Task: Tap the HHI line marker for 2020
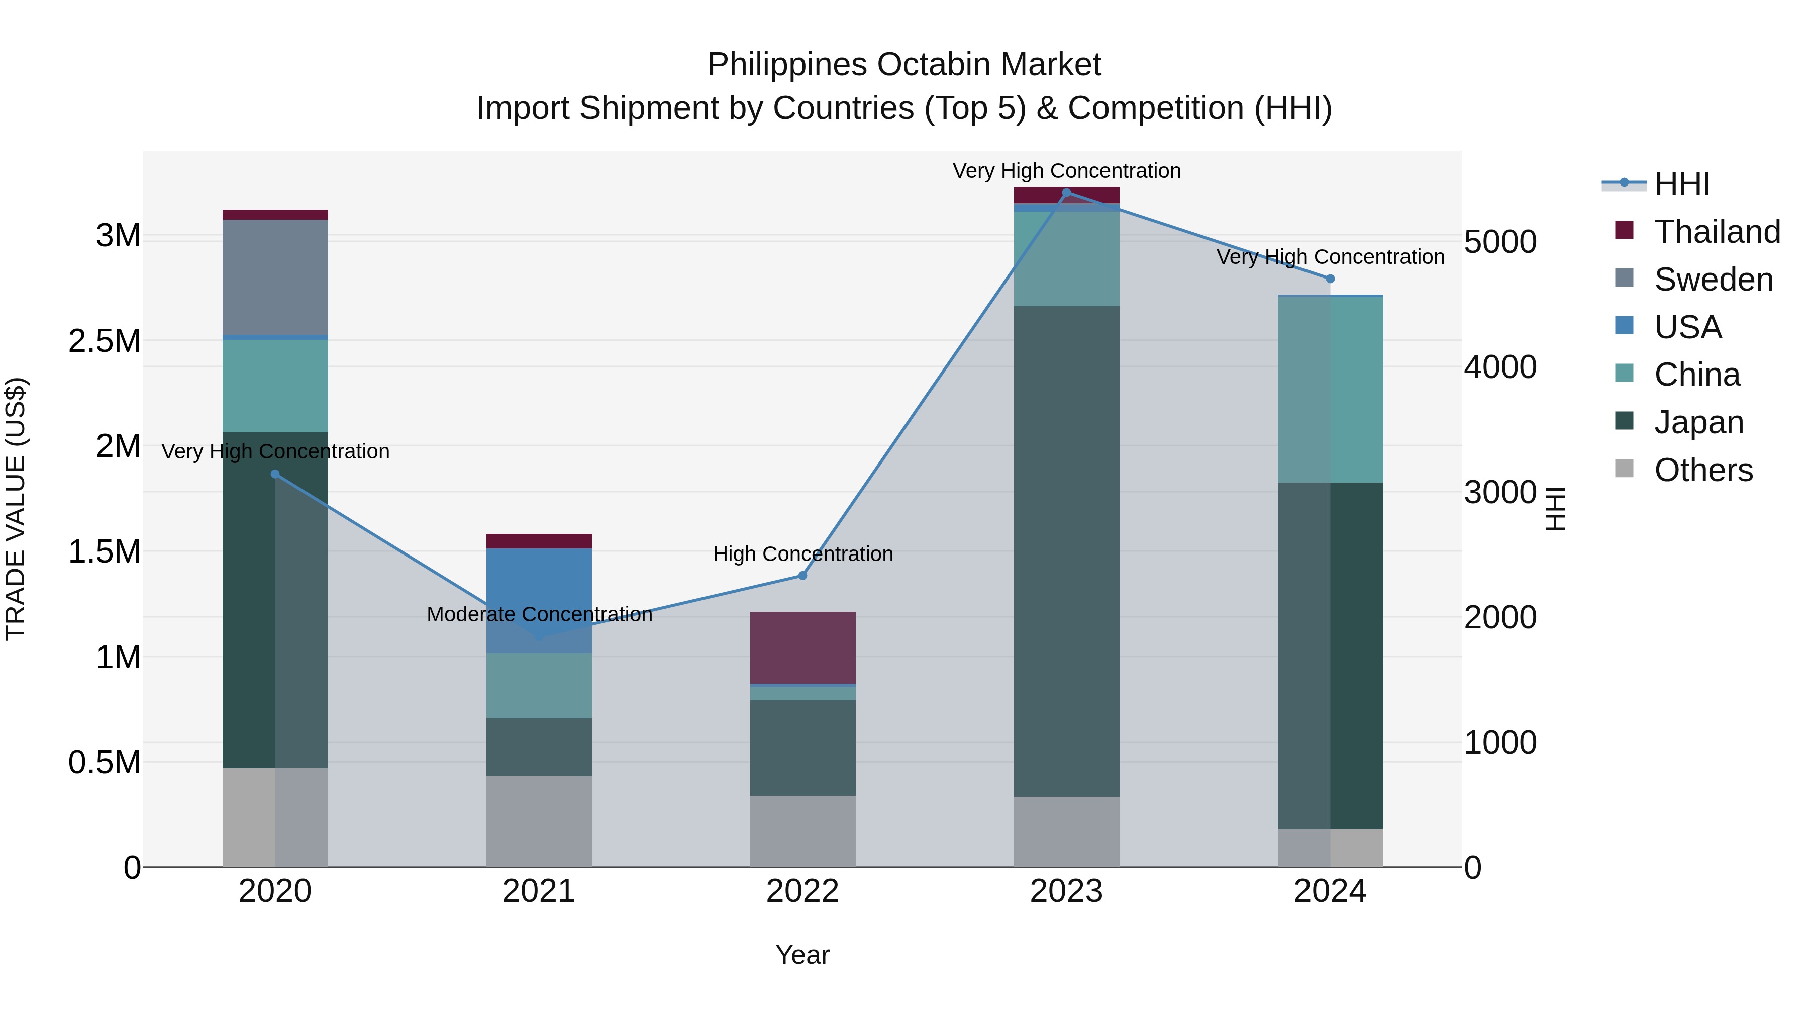(x=275, y=474)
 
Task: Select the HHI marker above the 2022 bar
(x=802, y=576)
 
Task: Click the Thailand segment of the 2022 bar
(x=802, y=647)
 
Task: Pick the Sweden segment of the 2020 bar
(x=275, y=277)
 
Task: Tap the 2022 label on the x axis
(x=802, y=891)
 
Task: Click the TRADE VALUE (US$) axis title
(x=16, y=509)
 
